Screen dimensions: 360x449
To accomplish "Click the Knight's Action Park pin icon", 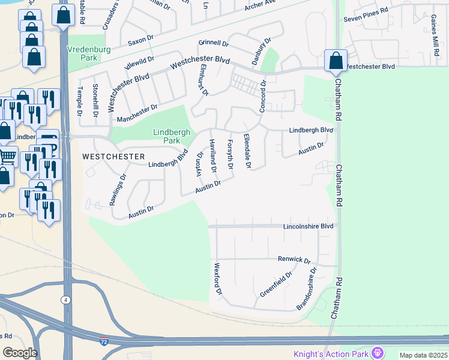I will pos(378,352).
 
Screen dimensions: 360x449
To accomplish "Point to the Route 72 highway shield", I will pos(104,340).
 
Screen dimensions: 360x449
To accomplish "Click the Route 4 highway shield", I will pos(65,299).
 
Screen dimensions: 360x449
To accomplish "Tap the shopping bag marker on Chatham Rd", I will pos(335,61).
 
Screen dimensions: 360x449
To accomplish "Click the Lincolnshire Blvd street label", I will pos(308,227).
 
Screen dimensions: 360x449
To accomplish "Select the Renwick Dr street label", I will pos(294,260).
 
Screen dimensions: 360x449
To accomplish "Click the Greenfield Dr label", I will pos(276,284).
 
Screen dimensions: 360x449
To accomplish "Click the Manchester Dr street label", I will pos(137,113).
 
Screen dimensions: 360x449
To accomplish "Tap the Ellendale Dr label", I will pos(247,150).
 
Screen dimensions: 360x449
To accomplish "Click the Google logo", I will pos(20,352).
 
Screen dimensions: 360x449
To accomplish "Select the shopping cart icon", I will pos(7,156).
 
